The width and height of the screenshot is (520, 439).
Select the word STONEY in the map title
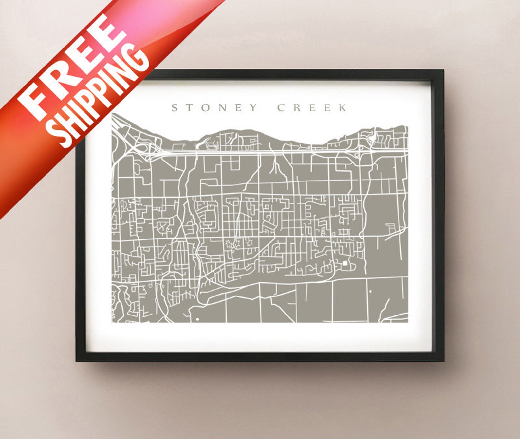[x=215, y=107]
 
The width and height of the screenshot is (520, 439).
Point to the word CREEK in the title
[x=312, y=107]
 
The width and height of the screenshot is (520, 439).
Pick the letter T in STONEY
[x=190, y=107]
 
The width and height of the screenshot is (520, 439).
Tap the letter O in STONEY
[x=206, y=107]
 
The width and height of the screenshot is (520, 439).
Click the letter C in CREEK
[x=281, y=107]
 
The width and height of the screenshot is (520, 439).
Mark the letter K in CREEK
[x=343, y=107]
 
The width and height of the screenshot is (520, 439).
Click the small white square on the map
[x=345, y=263]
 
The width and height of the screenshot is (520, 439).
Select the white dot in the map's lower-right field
[x=370, y=291]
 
